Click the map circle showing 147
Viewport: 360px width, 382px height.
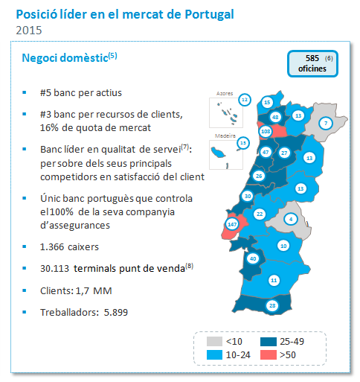coord(232,224)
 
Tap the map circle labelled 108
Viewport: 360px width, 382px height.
coord(266,131)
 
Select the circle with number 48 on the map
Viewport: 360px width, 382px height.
coord(275,117)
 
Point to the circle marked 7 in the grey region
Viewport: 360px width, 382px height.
coord(326,123)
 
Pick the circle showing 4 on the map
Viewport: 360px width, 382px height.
coord(291,219)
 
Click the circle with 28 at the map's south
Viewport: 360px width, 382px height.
coord(272,305)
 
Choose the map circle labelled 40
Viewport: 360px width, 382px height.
coord(253,258)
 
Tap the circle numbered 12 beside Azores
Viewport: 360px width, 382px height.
coord(245,100)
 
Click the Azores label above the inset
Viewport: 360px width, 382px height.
coord(225,93)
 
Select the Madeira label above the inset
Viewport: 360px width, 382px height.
coord(225,136)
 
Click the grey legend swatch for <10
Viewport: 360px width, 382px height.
coord(214,341)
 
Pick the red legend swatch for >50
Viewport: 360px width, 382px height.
coord(269,354)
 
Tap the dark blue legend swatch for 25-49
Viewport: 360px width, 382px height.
coord(269,341)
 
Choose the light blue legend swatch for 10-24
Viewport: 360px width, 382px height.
coord(214,354)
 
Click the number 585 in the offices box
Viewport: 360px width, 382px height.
coord(312,58)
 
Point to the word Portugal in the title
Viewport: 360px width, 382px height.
coord(209,15)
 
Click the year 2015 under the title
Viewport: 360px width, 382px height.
coord(29,31)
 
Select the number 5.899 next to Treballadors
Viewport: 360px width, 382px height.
coord(116,312)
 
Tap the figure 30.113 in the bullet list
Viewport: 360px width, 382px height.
coord(54,269)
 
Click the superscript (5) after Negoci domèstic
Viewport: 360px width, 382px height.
coord(113,56)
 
